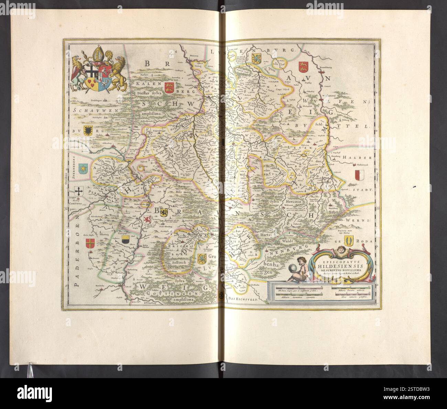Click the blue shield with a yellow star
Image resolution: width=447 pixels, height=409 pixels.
tap(84, 168)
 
